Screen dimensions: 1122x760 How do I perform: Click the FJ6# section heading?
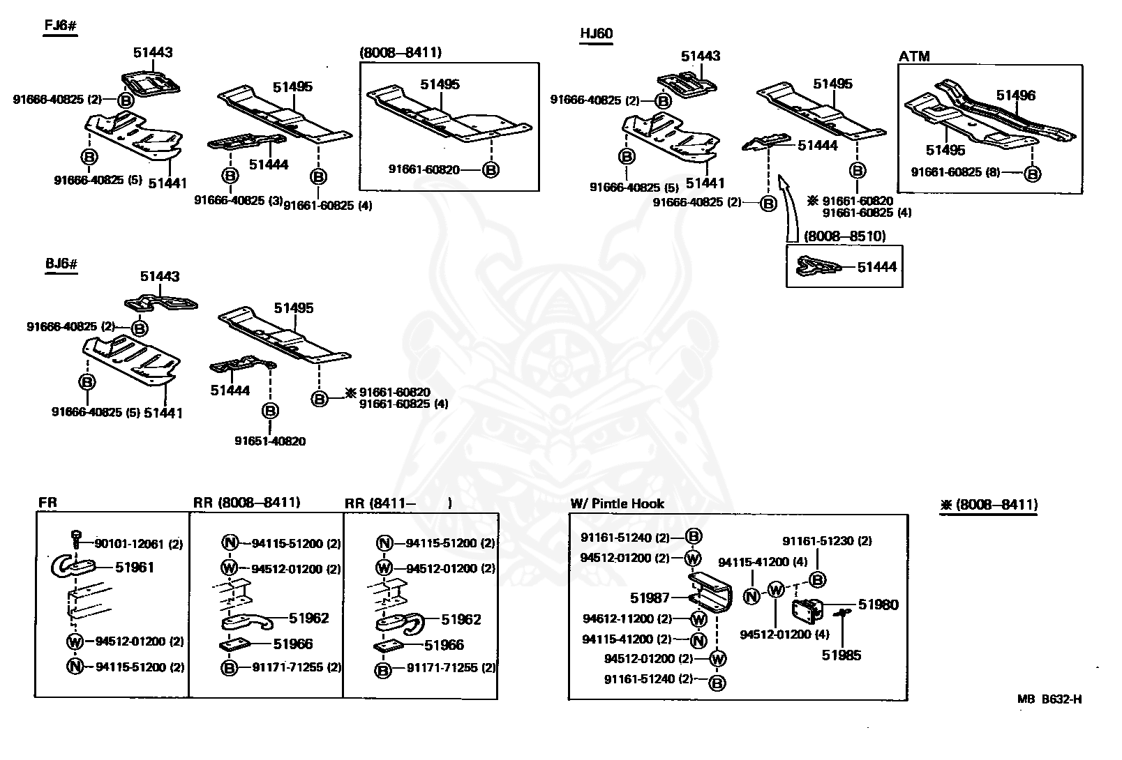tap(61, 25)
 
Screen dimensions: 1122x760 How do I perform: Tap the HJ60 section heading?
tap(596, 33)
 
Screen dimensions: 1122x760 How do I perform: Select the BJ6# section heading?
tap(61, 264)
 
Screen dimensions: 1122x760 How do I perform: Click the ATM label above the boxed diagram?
tap(914, 56)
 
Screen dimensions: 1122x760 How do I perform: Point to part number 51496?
tap(1015, 95)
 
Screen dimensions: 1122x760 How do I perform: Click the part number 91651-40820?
tap(270, 441)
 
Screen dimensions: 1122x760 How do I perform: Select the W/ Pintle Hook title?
tap(617, 503)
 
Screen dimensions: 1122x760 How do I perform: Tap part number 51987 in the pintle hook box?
tap(650, 598)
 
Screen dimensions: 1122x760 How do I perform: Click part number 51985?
tap(841, 655)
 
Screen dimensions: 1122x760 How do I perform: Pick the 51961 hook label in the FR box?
tap(134, 568)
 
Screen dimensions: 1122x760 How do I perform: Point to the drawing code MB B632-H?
tap(1049, 699)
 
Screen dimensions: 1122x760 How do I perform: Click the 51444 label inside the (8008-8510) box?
tap(877, 267)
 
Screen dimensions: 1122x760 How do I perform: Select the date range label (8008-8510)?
tap(844, 236)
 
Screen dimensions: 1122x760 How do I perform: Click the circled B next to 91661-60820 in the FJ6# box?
tap(491, 170)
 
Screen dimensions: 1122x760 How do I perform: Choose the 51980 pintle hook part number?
tap(878, 605)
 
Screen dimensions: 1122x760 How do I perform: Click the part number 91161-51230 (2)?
tap(827, 540)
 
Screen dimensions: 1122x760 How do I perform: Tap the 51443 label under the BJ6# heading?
tap(160, 276)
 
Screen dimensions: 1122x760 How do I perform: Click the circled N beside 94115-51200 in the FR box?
tap(75, 667)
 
